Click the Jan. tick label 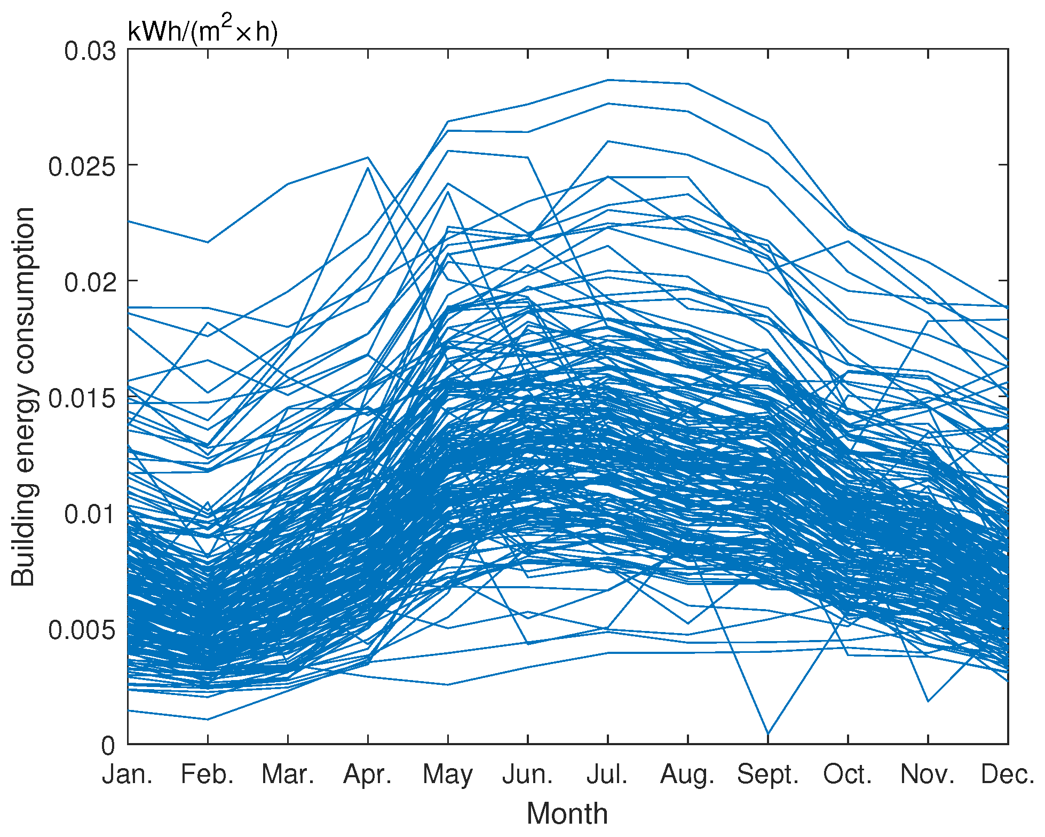pos(128,775)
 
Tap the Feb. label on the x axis pos(208,775)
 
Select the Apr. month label pos(368,775)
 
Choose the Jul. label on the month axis pos(607,775)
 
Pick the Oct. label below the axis pos(848,775)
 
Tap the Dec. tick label pos(1008,775)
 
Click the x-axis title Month pos(567,815)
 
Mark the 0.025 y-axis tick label pos(82,167)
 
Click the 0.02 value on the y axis pos(90,282)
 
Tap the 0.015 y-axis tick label pos(82,398)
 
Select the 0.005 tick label pos(82,630)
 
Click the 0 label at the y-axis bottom pos(108,746)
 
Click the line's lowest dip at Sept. pos(768,734)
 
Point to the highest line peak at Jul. pos(608,80)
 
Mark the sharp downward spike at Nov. pos(928,701)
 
